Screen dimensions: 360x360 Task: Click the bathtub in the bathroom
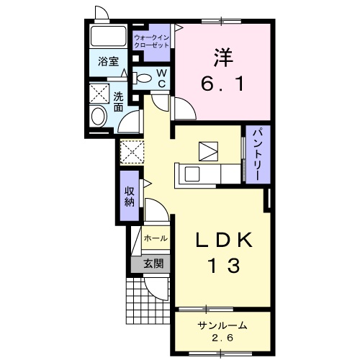[x=109, y=36]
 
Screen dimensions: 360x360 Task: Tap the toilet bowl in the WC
[x=142, y=78]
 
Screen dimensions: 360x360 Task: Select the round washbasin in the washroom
[x=99, y=116]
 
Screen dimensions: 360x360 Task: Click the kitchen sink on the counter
[x=192, y=174]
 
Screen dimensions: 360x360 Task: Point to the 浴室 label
[x=108, y=61]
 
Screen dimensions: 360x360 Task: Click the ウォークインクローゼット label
[x=151, y=42]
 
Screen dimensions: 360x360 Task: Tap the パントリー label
[x=258, y=155]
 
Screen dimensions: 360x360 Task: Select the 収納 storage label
[x=130, y=197]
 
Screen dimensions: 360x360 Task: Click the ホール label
[x=156, y=238]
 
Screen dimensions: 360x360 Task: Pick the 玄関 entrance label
[x=153, y=264]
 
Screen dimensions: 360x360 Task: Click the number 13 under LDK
[x=225, y=265]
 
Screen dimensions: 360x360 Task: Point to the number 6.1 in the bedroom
[x=222, y=84]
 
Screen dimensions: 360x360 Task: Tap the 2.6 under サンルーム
[x=222, y=338]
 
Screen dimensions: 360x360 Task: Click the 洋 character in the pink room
[x=223, y=58]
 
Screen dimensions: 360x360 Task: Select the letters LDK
[x=225, y=240]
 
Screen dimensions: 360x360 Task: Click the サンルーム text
[x=222, y=325]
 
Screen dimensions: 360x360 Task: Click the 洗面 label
[x=118, y=102]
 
